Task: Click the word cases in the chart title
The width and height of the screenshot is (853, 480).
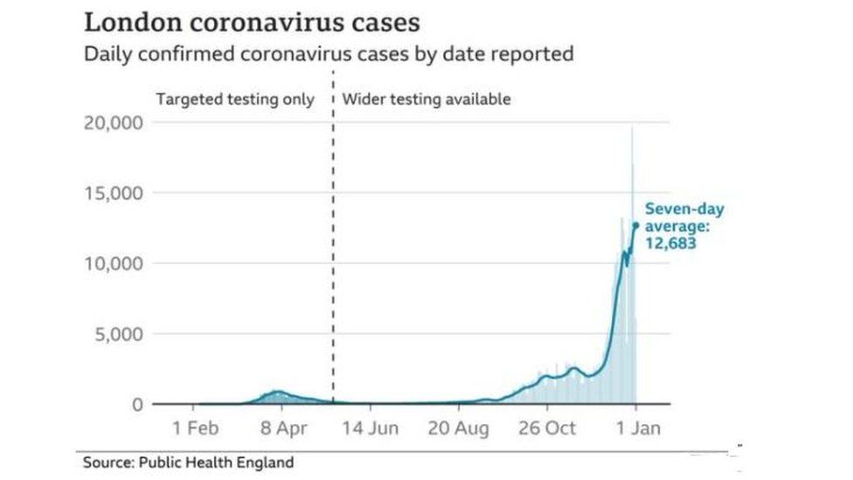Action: click(x=379, y=23)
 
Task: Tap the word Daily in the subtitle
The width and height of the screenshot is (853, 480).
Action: click(x=105, y=54)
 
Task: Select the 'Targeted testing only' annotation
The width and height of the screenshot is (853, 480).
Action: click(x=234, y=99)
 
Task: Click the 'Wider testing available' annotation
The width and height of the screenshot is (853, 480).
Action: click(x=426, y=99)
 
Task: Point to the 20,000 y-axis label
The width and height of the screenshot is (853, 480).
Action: click(x=113, y=122)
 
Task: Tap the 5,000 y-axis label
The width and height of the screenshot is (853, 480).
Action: click(x=117, y=334)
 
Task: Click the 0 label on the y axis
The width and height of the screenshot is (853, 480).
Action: click(x=137, y=405)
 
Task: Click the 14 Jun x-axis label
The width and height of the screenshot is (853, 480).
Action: click(x=371, y=428)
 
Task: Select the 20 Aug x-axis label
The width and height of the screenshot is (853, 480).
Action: click(x=459, y=428)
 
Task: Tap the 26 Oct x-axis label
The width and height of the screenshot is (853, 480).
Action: click(x=548, y=428)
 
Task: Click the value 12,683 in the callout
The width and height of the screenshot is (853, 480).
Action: click(x=670, y=244)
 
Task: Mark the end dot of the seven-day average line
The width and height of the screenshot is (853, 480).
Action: click(x=635, y=226)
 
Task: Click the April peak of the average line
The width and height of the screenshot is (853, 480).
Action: click(x=277, y=392)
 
